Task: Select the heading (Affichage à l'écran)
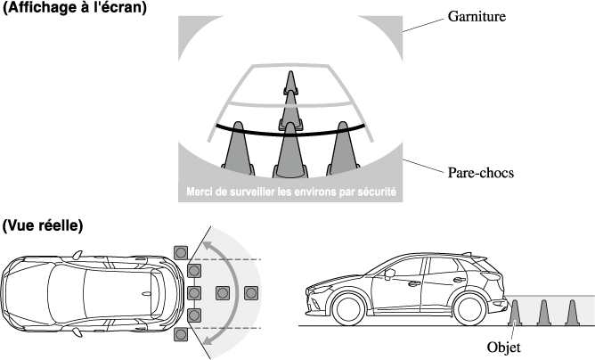tap(75, 8)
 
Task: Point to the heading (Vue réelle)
tap(43, 226)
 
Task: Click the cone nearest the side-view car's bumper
tap(516, 314)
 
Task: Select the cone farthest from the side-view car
tap(573, 314)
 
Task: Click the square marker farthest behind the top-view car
tap(251, 292)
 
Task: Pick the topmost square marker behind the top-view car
tap(182, 250)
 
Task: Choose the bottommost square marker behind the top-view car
tap(182, 334)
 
